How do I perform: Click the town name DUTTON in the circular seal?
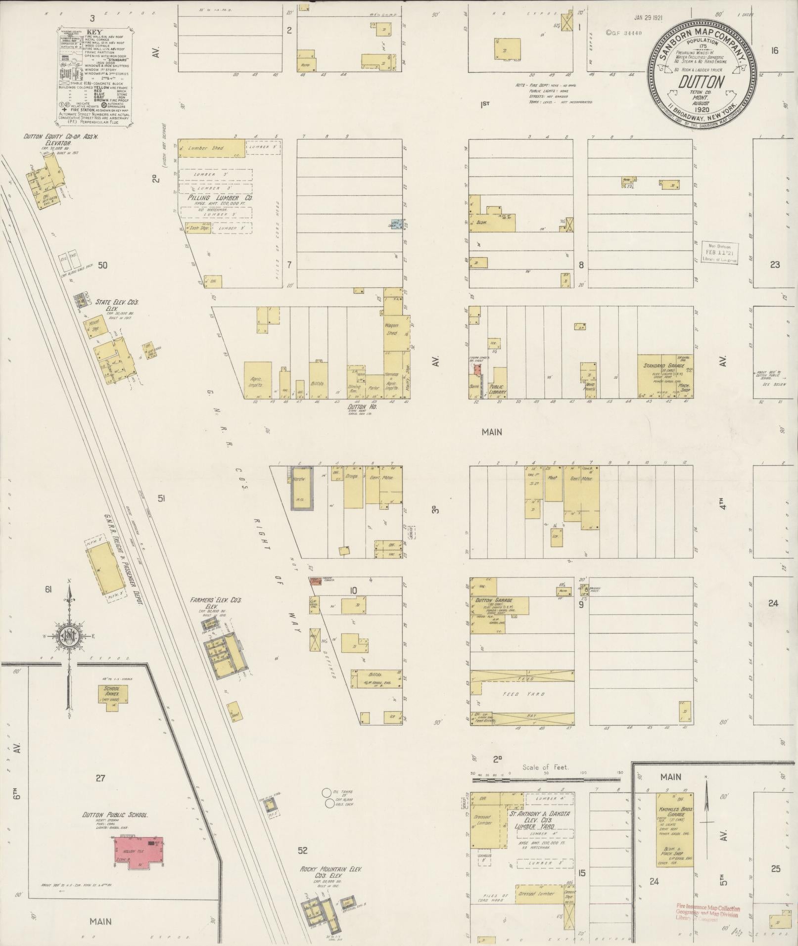(x=701, y=82)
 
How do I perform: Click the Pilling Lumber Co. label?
(x=220, y=197)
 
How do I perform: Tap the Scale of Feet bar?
(x=546, y=779)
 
